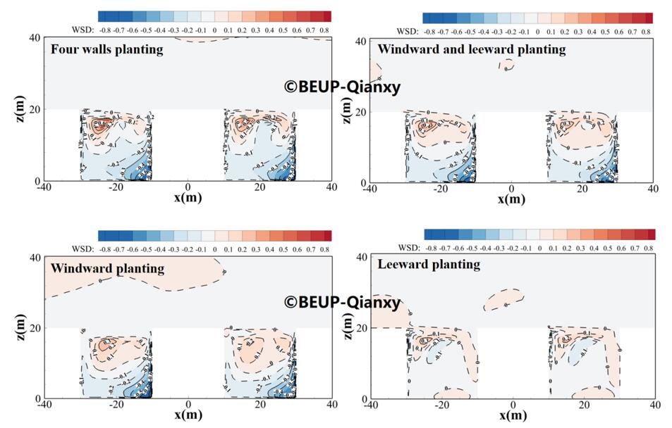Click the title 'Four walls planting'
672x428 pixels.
click(x=106, y=49)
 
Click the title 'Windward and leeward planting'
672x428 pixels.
click(x=471, y=49)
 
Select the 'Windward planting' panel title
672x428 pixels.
click(x=107, y=268)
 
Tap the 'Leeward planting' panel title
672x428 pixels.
click(x=429, y=265)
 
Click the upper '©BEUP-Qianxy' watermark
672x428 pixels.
click(x=342, y=87)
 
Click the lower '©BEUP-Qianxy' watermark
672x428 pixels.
click(x=342, y=302)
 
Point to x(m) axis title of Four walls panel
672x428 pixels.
click(x=188, y=197)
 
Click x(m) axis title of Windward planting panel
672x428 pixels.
click(x=188, y=415)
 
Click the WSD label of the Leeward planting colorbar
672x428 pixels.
click(x=409, y=248)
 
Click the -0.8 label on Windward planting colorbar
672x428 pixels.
click(x=104, y=248)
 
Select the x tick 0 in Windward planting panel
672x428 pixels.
click(x=188, y=405)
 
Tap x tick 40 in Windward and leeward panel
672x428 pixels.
click(x=653, y=189)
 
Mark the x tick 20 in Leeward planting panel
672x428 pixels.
click(x=584, y=405)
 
